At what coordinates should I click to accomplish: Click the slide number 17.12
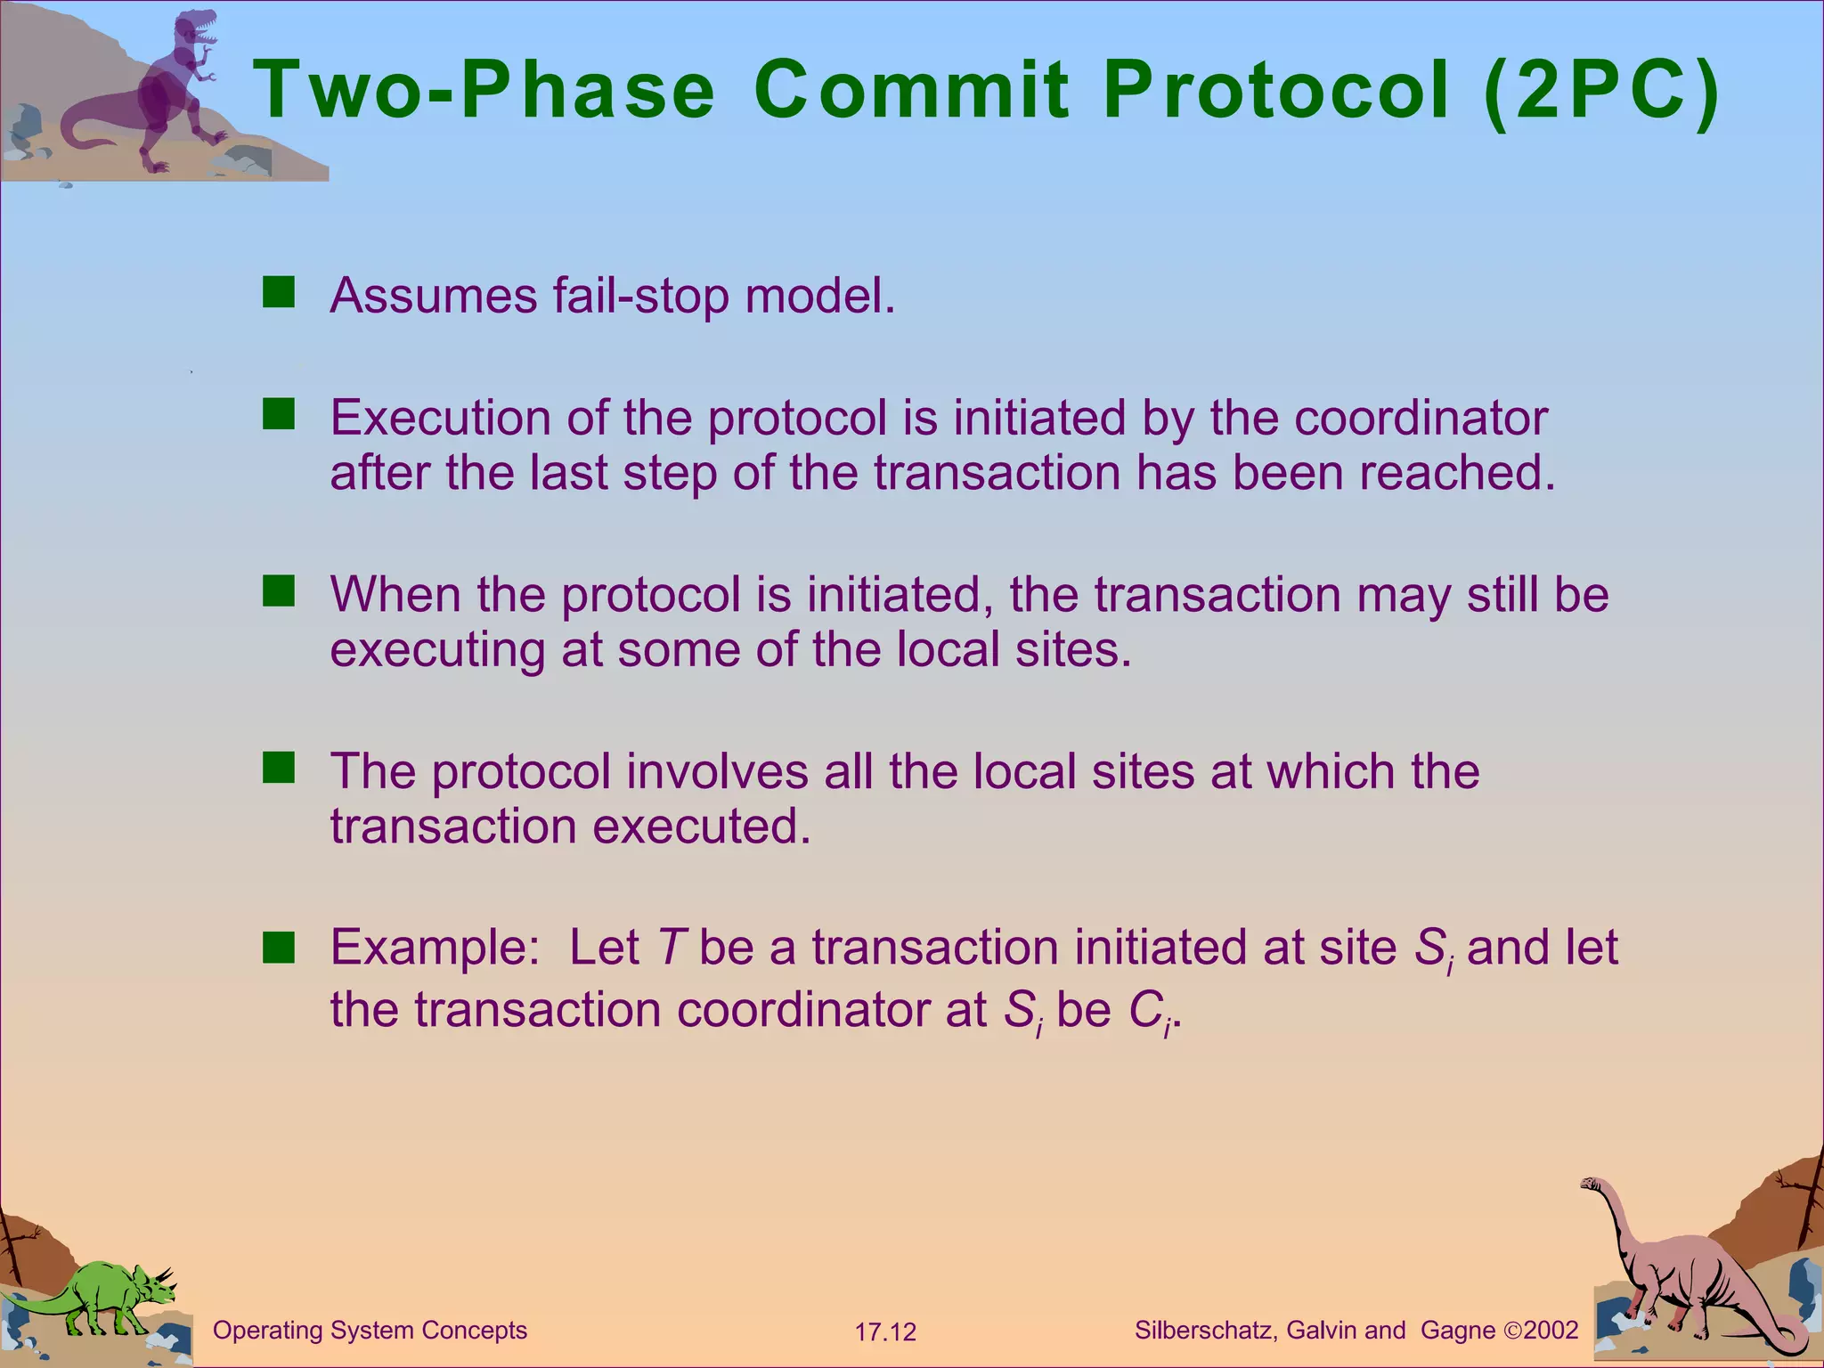885,1332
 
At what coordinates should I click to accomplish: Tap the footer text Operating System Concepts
370,1331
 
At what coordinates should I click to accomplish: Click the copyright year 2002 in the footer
1551,1331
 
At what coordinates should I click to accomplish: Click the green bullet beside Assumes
279,292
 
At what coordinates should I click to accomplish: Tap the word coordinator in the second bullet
1421,418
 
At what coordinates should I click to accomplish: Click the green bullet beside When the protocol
279,591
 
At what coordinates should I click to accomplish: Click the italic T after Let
669,948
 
